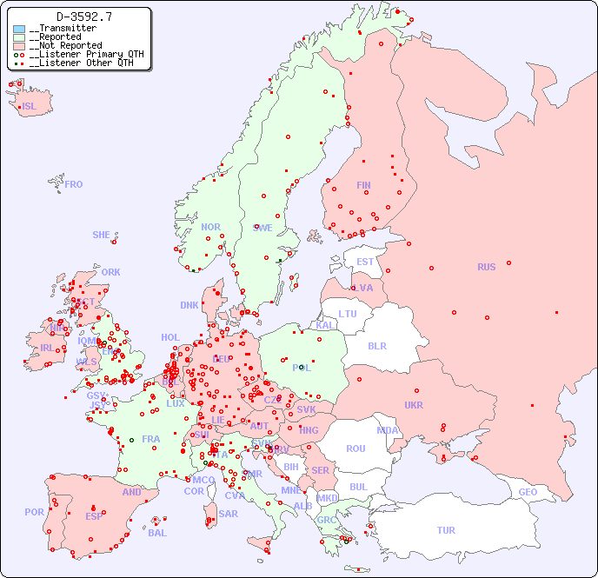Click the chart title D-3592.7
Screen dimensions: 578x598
[x=83, y=17]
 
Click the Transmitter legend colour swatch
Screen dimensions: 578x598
[x=19, y=29]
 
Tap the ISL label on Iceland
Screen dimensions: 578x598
[x=30, y=107]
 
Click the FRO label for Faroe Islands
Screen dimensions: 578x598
[x=74, y=184]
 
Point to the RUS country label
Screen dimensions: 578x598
[x=486, y=267]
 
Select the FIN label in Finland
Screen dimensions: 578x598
[x=363, y=185]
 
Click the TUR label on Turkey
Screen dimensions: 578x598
[x=446, y=530]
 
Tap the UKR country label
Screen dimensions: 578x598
[x=414, y=405]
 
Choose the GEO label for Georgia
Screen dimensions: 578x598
[x=528, y=492]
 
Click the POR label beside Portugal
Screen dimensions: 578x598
[x=34, y=512]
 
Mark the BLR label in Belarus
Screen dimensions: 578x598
[x=376, y=345]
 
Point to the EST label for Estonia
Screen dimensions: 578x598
[x=365, y=262]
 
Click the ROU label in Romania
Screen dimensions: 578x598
[x=355, y=448]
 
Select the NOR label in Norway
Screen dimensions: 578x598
[x=210, y=227]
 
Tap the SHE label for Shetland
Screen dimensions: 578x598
[x=102, y=235]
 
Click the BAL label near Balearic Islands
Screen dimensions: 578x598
[x=157, y=533]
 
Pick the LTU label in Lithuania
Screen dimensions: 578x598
[x=348, y=314]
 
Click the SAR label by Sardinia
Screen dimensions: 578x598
[x=228, y=514]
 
